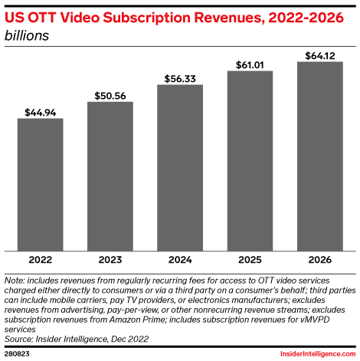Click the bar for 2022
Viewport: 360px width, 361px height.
[41, 184]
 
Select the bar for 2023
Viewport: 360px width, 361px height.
[110, 176]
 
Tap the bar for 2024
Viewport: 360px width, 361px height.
[180, 167]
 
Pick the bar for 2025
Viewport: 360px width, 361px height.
[250, 160]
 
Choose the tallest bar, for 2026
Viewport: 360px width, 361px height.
[319, 156]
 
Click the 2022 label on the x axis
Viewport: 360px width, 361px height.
[41, 260]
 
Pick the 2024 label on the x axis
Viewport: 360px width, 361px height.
[180, 260]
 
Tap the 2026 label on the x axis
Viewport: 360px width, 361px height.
[319, 260]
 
